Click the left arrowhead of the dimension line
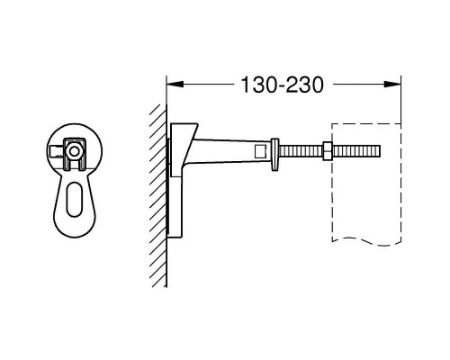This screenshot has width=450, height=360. [x=175, y=85]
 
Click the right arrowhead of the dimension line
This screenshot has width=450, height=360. [x=393, y=85]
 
